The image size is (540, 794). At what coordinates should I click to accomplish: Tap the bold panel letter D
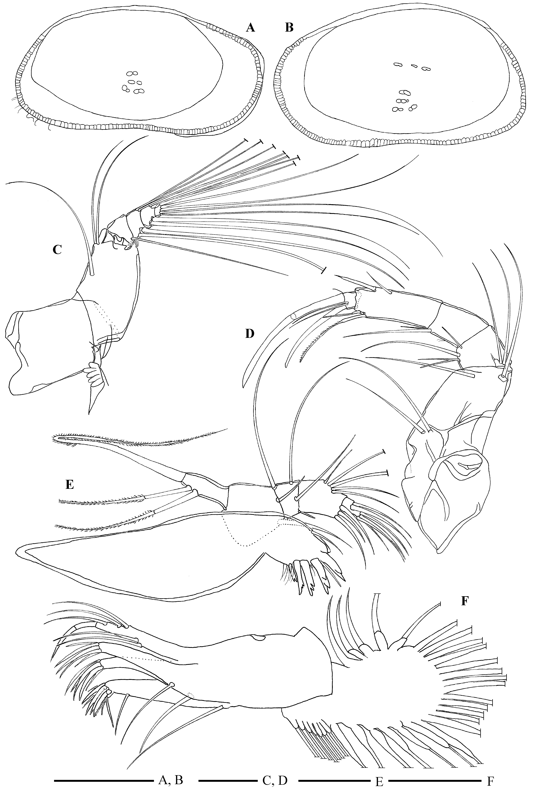(250, 333)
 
